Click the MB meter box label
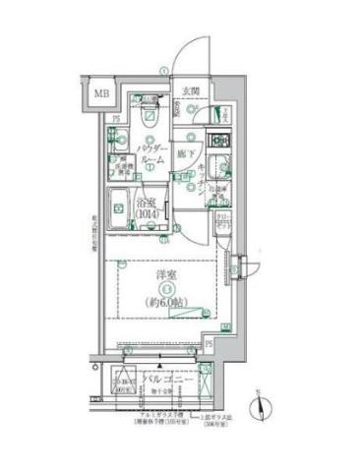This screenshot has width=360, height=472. coord(101,95)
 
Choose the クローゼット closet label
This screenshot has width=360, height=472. coord(224,221)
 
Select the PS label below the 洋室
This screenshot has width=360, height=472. coord(210,344)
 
